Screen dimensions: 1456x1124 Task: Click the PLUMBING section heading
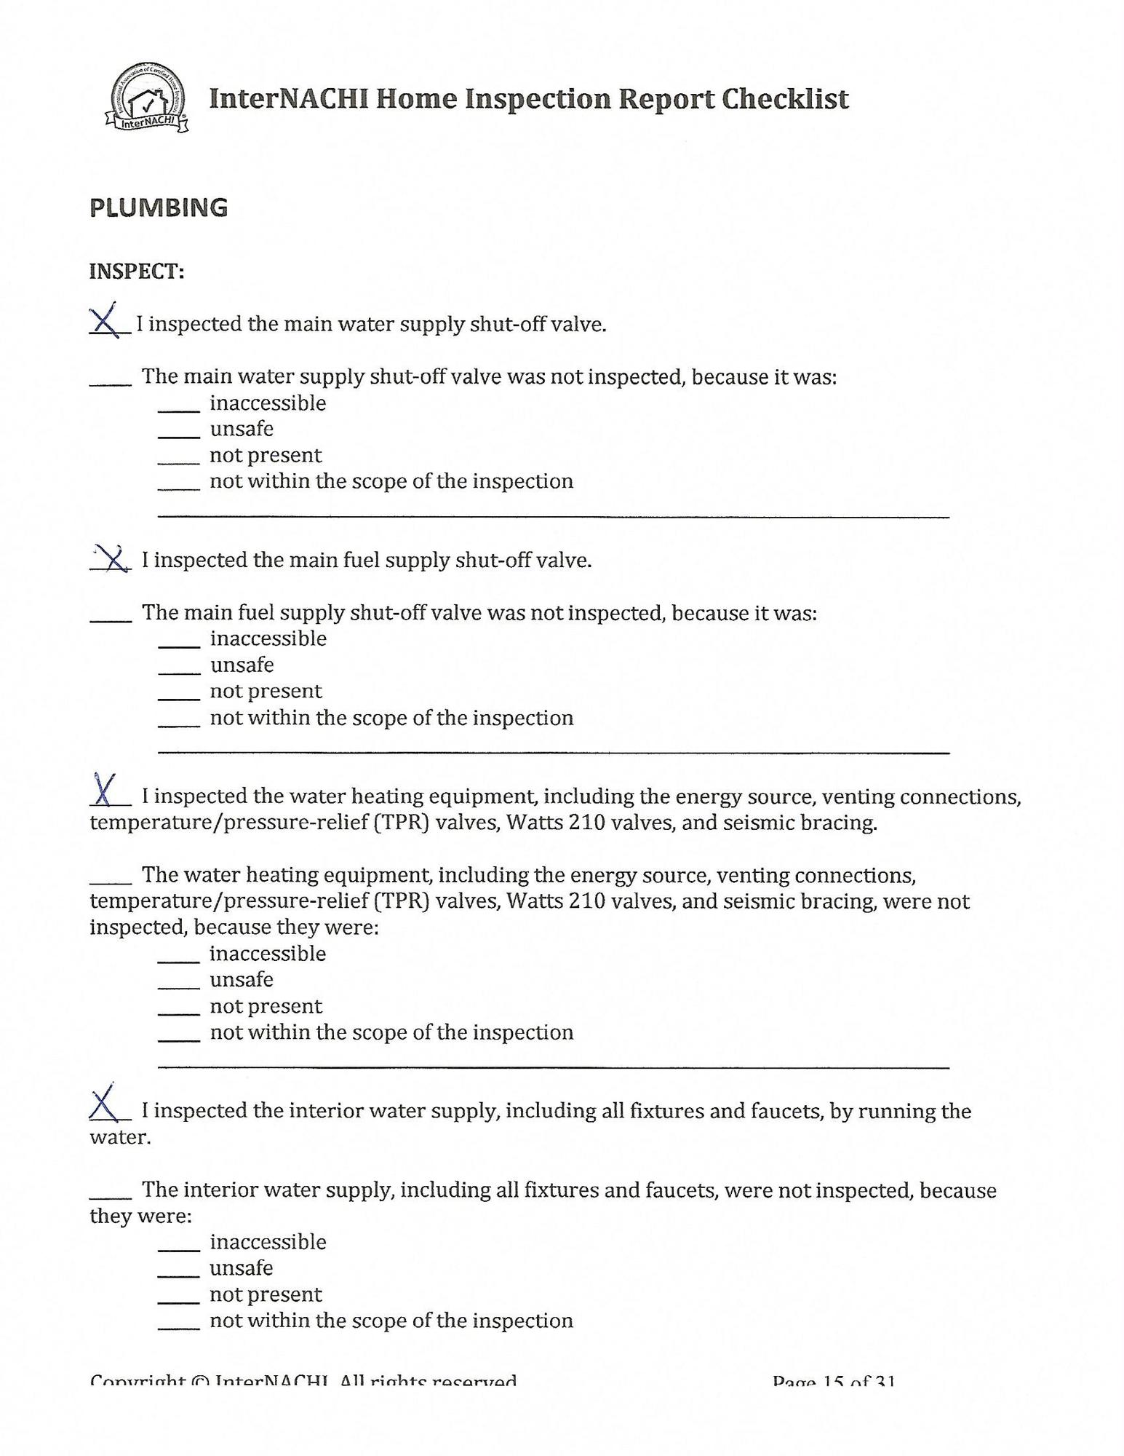(x=159, y=207)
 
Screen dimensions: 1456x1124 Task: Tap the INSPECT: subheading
(x=137, y=272)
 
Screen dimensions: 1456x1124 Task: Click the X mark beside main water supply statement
(x=106, y=321)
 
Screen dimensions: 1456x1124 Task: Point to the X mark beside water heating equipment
(x=106, y=790)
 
